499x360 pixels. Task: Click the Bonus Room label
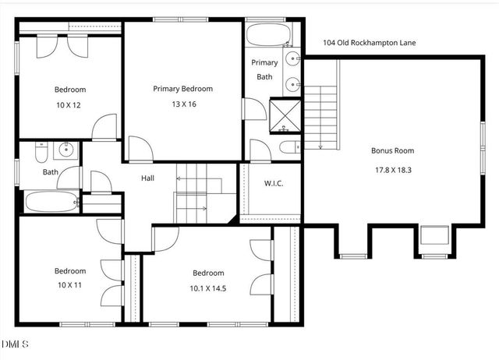pyautogui.click(x=392, y=150)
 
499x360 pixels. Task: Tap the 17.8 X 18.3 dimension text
pyautogui.click(x=392, y=168)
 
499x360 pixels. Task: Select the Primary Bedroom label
pyautogui.click(x=182, y=89)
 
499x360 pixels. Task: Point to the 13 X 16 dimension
pyautogui.click(x=182, y=104)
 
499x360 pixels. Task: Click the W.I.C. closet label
pyautogui.click(x=274, y=184)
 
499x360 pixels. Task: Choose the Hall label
pyautogui.click(x=147, y=178)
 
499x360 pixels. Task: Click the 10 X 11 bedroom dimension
pyautogui.click(x=69, y=285)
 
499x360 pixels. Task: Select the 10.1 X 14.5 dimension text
pyautogui.click(x=208, y=288)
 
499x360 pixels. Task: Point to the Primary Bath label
pyautogui.click(x=264, y=69)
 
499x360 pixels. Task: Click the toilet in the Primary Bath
pyautogui.click(x=287, y=148)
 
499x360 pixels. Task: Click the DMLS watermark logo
pyautogui.click(x=15, y=344)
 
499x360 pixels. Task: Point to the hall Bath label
pyautogui.click(x=51, y=172)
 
